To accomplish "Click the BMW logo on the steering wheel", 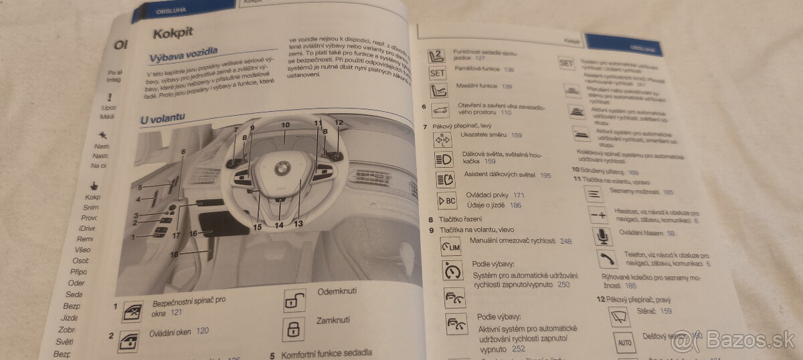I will click(282, 168).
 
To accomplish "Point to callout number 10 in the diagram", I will click(285, 125).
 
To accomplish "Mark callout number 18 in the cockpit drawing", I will click(174, 255).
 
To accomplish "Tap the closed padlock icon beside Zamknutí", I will click(293, 329).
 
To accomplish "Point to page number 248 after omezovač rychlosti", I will click(565, 241).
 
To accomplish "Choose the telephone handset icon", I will click(607, 259).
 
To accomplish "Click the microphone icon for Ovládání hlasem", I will click(602, 236).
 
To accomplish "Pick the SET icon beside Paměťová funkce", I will click(437, 73).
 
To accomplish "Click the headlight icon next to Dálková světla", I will click(444, 159).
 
